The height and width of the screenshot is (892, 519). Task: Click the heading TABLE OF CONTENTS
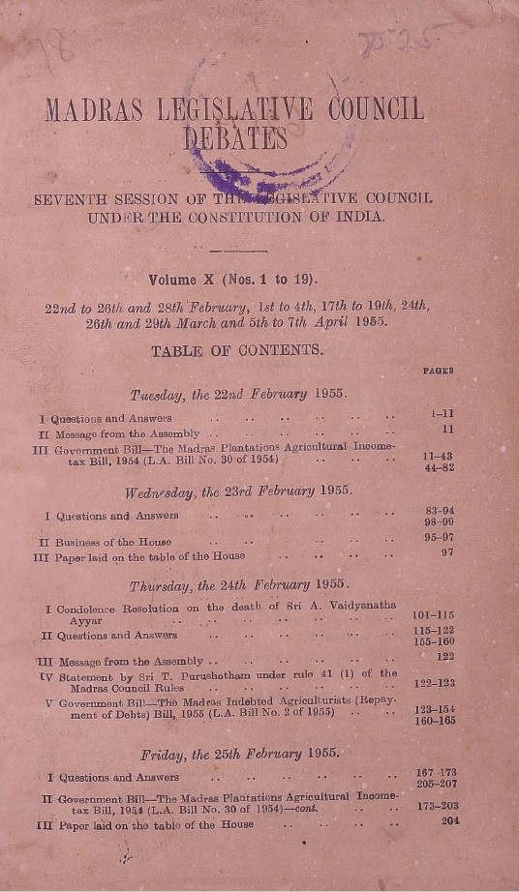pyautogui.click(x=237, y=351)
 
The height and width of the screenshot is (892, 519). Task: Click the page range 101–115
pyautogui.click(x=434, y=614)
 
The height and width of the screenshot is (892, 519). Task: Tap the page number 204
pyautogui.click(x=447, y=820)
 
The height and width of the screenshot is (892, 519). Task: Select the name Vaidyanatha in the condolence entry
pyautogui.click(x=359, y=606)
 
